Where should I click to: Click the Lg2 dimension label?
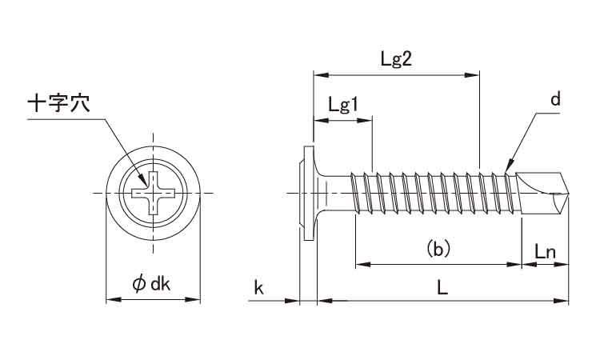pos(397,60)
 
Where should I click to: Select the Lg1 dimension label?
pos(342,106)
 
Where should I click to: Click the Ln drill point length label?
pos(545,251)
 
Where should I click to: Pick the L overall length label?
pos(442,288)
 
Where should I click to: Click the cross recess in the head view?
pos(152,192)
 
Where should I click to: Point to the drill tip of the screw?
pos(567,192)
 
